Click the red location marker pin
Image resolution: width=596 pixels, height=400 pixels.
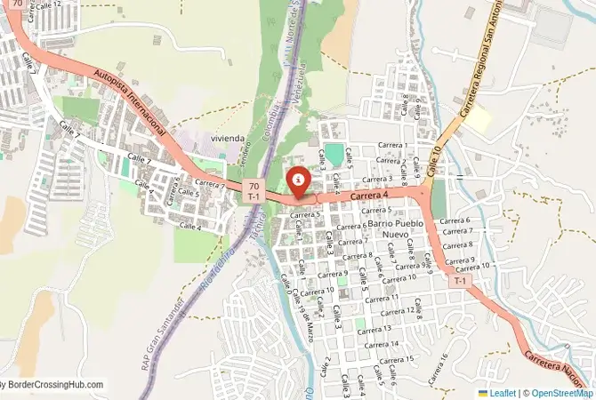[x=298, y=181]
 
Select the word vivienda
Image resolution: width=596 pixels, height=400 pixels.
[x=228, y=140]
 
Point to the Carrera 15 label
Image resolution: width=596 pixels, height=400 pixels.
[x=397, y=360]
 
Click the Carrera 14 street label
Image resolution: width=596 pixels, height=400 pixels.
[x=382, y=344]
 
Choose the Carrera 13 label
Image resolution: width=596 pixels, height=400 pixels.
[x=375, y=329]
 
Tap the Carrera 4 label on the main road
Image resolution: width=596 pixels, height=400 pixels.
[x=371, y=196]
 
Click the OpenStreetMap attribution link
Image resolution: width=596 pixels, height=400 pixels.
[x=558, y=392]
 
